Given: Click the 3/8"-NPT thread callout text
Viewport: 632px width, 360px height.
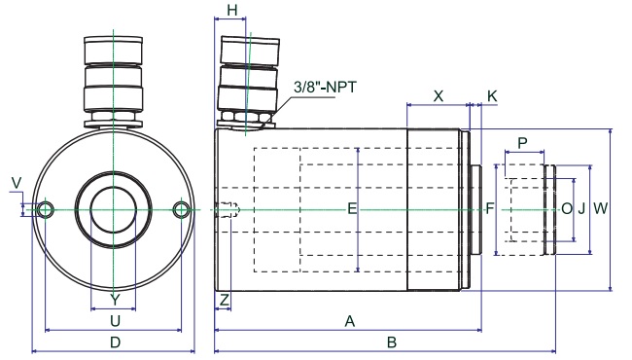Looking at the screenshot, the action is [x=326, y=87].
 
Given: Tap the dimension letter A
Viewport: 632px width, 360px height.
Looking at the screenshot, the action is [x=350, y=321].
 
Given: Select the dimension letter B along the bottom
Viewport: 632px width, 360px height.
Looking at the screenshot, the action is [x=392, y=342].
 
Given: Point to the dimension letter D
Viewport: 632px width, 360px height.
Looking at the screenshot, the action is [x=116, y=342].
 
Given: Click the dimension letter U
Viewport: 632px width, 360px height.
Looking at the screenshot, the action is [x=116, y=321].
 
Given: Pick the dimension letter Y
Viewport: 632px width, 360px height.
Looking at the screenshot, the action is [x=116, y=300].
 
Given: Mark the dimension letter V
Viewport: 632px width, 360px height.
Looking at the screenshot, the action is [x=17, y=183].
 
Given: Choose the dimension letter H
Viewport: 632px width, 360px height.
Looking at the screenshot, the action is [x=232, y=11].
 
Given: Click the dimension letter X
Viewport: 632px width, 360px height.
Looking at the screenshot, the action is [x=439, y=96].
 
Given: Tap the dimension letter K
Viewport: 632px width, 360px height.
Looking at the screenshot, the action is [x=492, y=96].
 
